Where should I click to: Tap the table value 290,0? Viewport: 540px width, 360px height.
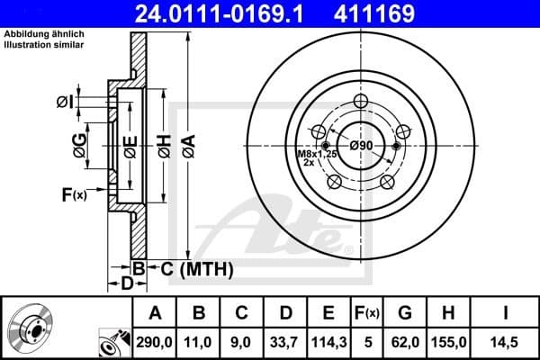point(155,343)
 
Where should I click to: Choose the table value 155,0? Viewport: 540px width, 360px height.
point(449,343)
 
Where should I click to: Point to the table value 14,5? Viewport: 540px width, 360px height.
point(506,343)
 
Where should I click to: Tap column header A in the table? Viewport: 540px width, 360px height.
point(155,313)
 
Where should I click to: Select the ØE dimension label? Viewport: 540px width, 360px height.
point(129,145)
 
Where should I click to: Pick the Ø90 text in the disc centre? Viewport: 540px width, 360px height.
point(361,145)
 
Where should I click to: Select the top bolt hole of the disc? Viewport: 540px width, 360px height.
point(362,101)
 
